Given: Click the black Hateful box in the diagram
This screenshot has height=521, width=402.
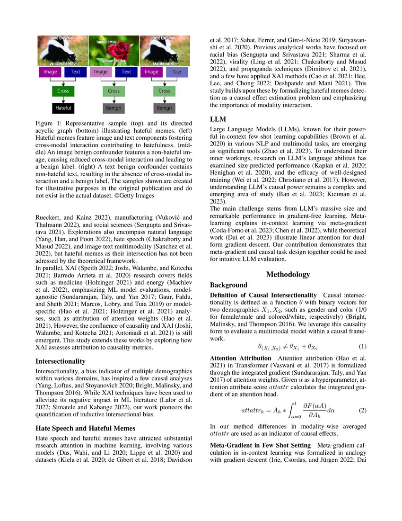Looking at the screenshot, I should [63, 108].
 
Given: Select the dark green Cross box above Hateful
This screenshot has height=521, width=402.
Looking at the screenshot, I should [63, 90].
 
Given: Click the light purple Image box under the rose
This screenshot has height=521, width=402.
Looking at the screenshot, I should [100, 72].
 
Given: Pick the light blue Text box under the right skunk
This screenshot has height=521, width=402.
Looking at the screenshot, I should [176, 72].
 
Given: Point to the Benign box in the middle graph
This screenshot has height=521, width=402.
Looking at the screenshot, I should [114, 108].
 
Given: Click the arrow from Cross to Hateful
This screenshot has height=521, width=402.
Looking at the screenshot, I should [63, 99].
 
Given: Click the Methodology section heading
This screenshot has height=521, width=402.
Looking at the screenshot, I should [288, 274].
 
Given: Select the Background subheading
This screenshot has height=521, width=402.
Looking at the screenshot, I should [229, 285].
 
